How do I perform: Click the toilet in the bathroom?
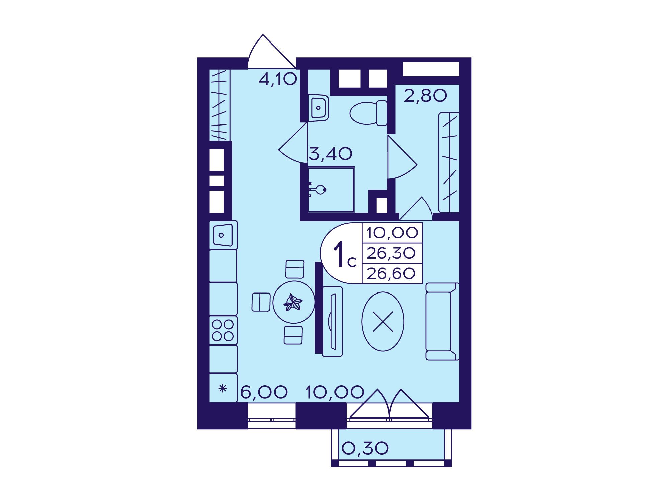[x=368, y=113]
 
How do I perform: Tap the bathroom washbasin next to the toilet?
[x=318, y=107]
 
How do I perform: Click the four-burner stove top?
[x=223, y=330]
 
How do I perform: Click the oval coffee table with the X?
[x=383, y=321]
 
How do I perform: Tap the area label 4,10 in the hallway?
[x=278, y=79]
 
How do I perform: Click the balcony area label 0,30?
[x=365, y=448]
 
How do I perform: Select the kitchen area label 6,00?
[x=264, y=392]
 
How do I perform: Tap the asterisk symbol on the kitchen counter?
[x=223, y=389]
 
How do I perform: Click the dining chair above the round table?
[x=295, y=269]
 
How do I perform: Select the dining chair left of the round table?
[x=261, y=302]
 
